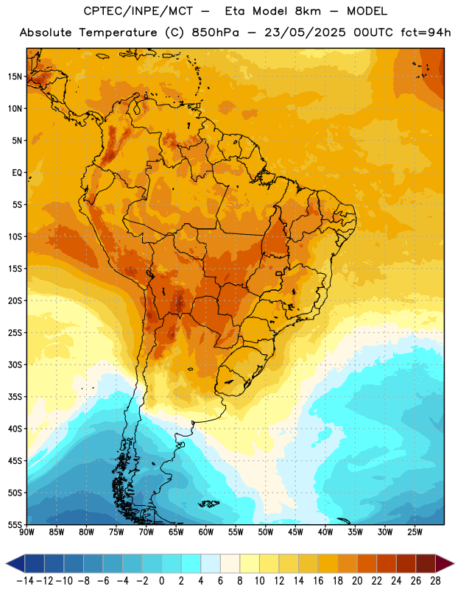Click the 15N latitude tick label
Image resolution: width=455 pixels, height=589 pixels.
(x=15, y=77)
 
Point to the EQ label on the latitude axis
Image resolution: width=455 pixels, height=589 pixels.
(x=17, y=173)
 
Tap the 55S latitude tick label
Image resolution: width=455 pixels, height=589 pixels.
(x=15, y=524)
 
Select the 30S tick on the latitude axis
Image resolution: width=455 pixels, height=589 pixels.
(x=15, y=364)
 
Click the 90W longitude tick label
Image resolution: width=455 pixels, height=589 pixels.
(x=27, y=532)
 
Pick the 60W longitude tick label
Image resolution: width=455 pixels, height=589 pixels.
(x=206, y=532)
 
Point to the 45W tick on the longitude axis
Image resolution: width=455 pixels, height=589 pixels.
(x=295, y=532)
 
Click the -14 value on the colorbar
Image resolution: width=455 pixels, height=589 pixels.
(x=25, y=581)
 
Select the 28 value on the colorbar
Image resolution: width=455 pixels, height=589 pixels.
(x=435, y=581)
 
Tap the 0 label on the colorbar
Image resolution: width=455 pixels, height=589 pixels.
(x=162, y=581)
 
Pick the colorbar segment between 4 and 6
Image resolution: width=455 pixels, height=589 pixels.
(x=211, y=563)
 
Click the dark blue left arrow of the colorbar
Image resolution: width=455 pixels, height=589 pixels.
(x=15, y=563)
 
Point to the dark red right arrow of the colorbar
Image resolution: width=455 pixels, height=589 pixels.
(x=445, y=563)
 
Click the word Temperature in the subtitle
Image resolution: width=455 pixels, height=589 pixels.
(x=118, y=32)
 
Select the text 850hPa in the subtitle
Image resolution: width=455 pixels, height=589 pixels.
(x=215, y=32)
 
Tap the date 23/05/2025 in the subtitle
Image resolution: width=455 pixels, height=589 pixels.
(x=305, y=32)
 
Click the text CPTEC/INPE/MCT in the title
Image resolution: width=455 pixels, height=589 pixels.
(x=138, y=11)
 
